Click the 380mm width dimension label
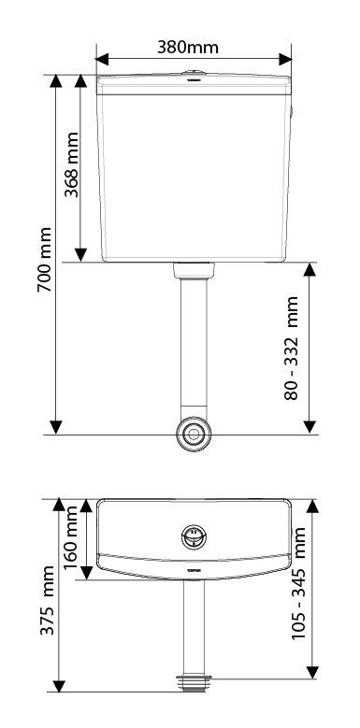pos(187,47)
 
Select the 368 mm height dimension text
pos(71,164)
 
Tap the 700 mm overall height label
pos(45,260)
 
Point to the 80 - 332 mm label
pos(291,348)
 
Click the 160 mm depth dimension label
pos(70,537)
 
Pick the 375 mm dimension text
pos(47,600)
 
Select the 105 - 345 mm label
pos(298,583)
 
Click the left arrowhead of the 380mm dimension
pos(102,60)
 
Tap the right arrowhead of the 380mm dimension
pos(285,60)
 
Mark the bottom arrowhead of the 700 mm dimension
pos(56,427)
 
